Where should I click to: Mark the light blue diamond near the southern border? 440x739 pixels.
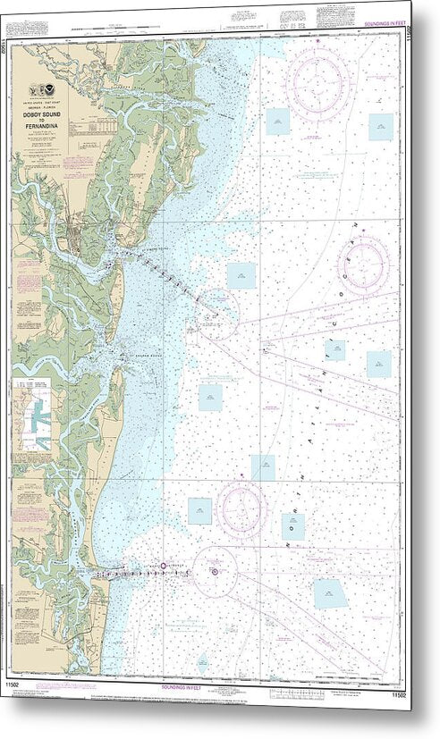(203, 662)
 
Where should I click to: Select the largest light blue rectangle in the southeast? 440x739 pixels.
(329, 593)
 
